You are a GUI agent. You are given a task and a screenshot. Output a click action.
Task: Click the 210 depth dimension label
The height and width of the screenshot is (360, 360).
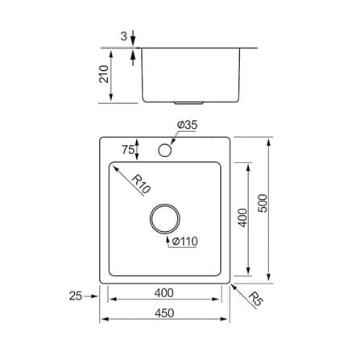pyautogui.click(x=104, y=74)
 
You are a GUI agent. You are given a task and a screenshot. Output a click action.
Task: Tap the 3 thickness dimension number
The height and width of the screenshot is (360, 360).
pyautogui.click(x=124, y=36)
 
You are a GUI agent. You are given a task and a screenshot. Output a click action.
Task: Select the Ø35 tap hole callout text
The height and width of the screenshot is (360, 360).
pyautogui.click(x=187, y=125)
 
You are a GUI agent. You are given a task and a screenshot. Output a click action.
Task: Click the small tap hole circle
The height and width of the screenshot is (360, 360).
pyautogui.click(x=165, y=151)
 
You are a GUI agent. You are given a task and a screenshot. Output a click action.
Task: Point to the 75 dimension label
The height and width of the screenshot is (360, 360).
pyautogui.click(x=128, y=150)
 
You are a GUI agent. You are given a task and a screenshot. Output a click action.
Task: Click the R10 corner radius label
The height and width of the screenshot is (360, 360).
pyautogui.click(x=142, y=184)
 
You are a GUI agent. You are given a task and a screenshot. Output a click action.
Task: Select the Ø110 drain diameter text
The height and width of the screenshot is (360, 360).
pyautogui.click(x=184, y=241)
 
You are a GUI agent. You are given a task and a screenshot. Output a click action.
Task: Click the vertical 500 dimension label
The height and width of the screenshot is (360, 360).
pyautogui.click(x=263, y=203)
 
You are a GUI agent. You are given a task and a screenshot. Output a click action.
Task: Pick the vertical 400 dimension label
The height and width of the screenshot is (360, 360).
pyautogui.click(x=242, y=217)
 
